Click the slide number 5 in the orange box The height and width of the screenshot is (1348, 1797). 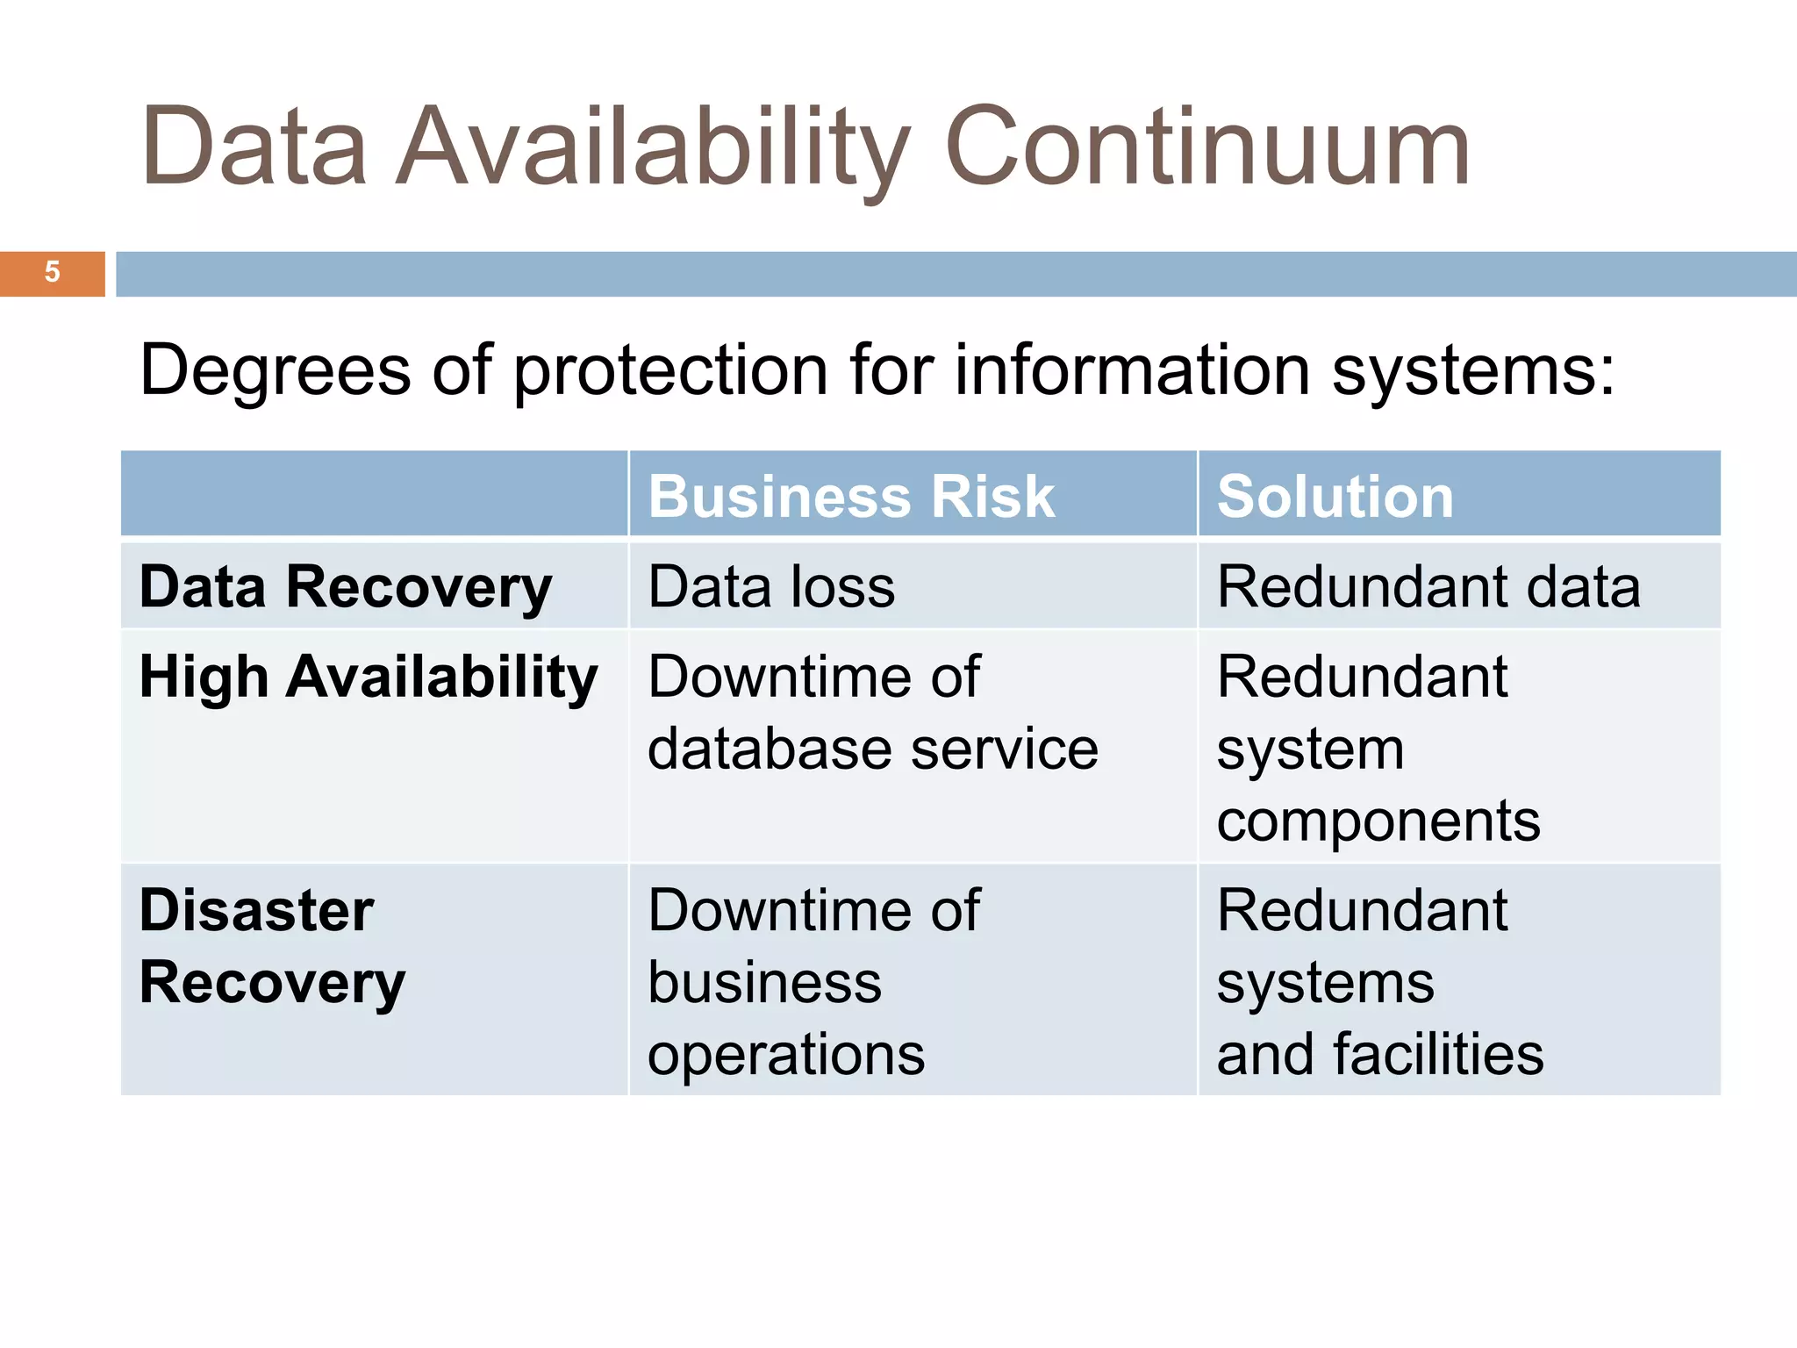click(52, 272)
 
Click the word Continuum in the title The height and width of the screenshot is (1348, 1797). click(1207, 147)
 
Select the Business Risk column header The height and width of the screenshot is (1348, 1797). click(851, 497)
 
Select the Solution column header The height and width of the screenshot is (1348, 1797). click(1335, 497)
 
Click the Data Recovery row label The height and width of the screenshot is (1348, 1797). click(346, 587)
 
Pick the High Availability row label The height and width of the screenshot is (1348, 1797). click(369, 678)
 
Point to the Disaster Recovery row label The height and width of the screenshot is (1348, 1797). click(272, 946)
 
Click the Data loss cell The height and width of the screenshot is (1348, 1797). click(771, 586)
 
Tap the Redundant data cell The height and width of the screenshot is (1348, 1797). click(1428, 586)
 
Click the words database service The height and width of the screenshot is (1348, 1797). click(872, 749)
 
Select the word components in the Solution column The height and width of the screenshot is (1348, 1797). click(1378, 821)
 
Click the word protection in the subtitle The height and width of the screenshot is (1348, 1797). click(671, 370)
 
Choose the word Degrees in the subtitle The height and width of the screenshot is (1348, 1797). click(275, 370)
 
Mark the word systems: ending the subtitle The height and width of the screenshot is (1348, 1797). click(1472, 370)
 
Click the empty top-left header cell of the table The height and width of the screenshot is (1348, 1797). click(374, 494)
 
